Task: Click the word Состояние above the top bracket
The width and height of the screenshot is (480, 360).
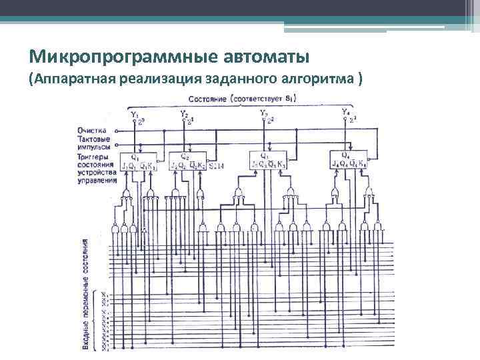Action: point(208,99)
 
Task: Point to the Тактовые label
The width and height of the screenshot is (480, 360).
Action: point(94,139)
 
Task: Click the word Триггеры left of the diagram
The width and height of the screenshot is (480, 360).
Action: point(94,155)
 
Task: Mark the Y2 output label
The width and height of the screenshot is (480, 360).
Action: point(184,114)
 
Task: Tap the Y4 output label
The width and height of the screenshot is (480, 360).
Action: point(344,113)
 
